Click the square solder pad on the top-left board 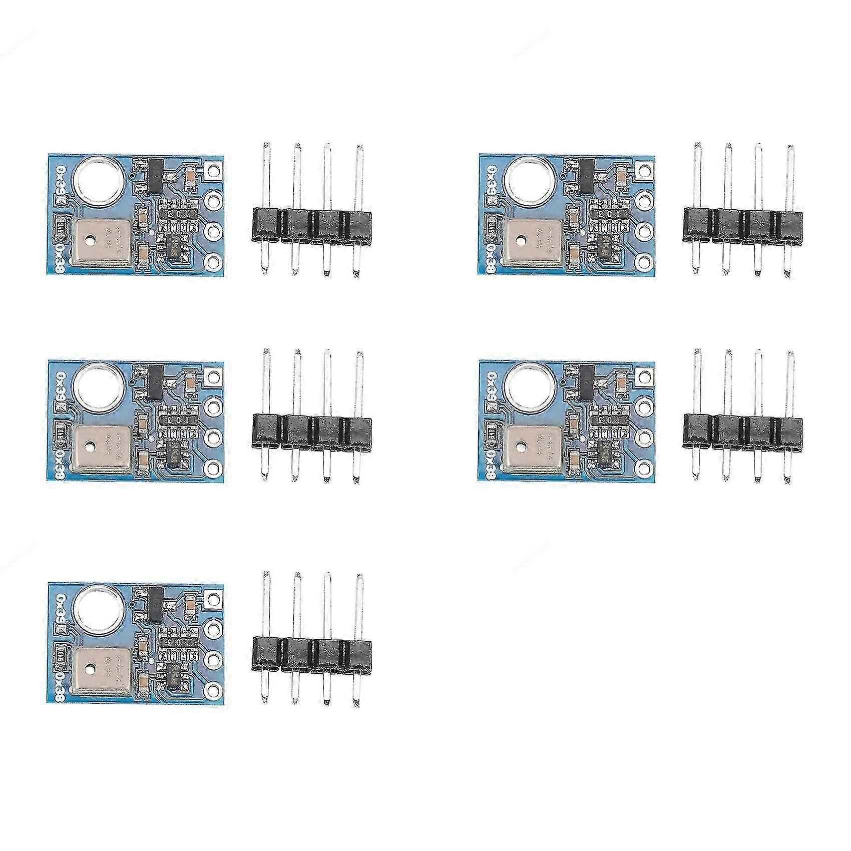click(x=213, y=170)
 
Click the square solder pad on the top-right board click(x=645, y=170)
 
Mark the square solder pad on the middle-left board click(x=213, y=376)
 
